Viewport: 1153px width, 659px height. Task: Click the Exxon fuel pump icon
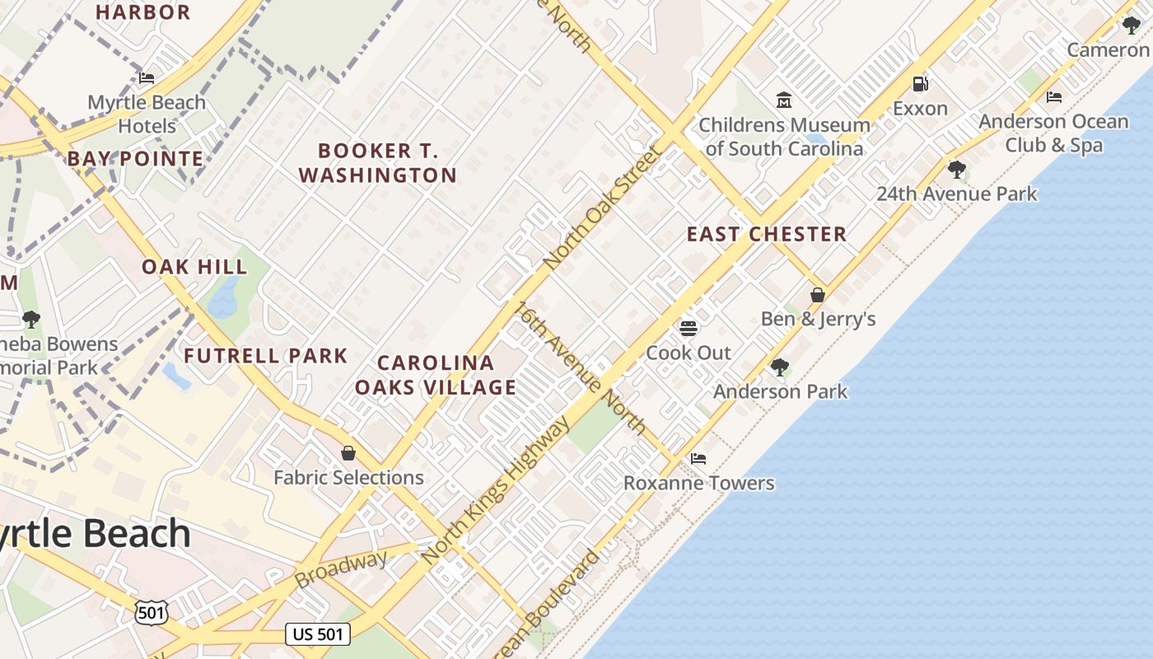[920, 83]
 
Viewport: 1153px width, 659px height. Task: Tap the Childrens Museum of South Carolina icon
[784, 100]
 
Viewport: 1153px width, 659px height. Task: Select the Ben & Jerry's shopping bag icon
[818, 294]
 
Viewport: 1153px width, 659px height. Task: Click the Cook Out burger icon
[689, 329]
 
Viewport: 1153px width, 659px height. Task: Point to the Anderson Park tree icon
[779, 367]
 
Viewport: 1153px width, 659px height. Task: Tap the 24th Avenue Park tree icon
[956, 170]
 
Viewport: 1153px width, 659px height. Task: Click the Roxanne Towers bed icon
[698, 458]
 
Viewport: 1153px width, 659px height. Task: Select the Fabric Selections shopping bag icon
[348, 453]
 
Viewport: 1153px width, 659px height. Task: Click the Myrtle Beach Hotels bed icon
[147, 78]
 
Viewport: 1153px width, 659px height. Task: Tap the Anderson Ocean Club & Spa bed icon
[1053, 96]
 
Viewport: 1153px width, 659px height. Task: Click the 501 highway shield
[152, 612]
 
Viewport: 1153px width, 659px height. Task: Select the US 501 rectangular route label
[319, 634]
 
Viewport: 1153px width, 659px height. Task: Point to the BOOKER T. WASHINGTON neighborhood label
[378, 163]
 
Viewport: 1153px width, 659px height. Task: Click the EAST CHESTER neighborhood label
[767, 234]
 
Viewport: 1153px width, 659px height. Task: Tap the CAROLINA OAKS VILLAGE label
[436, 375]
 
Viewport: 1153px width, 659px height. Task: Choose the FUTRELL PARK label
[266, 356]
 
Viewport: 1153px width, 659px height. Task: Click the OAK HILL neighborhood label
[194, 267]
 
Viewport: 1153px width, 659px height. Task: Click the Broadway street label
[341, 570]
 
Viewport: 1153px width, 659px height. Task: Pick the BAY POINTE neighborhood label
[136, 158]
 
